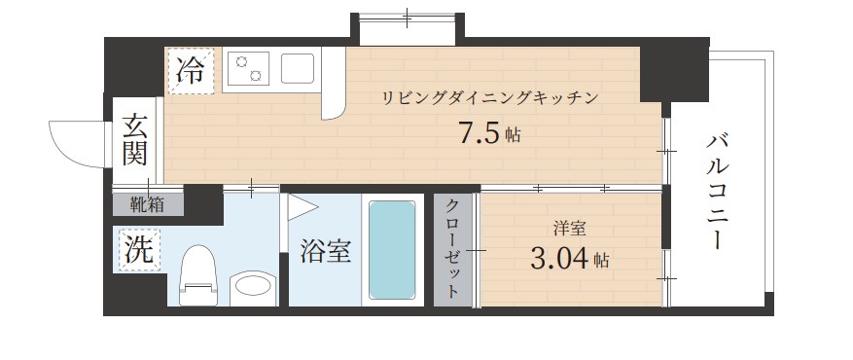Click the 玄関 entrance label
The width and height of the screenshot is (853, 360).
click(135, 139)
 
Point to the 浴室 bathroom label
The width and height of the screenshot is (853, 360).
click(325, 251)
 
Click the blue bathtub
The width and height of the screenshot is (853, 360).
click(393, 251)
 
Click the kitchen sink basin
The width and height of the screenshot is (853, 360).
click(298, 68)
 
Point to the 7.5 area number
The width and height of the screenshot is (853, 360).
click(480, 133)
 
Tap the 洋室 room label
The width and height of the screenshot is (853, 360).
click(569, 231)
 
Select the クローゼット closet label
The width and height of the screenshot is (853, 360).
click(453, 249)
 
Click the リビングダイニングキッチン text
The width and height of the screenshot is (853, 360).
click(487, 97)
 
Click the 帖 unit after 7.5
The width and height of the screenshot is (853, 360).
click(513, 136)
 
